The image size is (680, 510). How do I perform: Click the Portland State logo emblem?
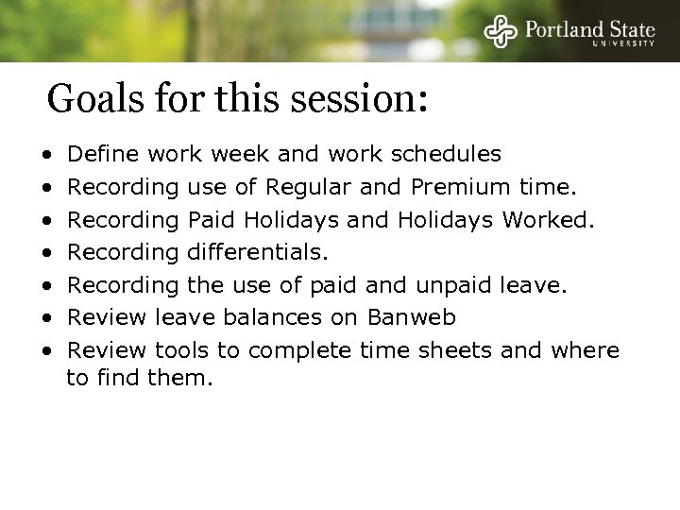pos(501,32)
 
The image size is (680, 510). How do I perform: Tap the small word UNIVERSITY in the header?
pos(624,43)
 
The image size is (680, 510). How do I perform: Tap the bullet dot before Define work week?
pos(46,154)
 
